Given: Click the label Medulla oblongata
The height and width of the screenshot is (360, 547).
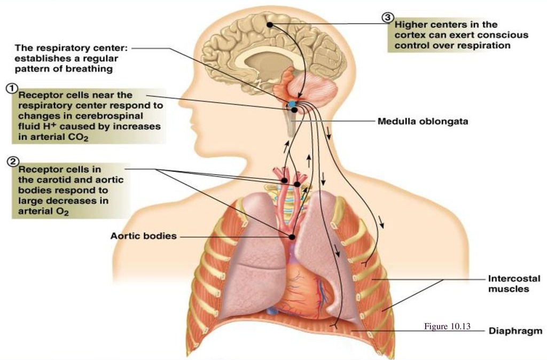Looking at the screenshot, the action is pyautogui.click(x=423, y=121).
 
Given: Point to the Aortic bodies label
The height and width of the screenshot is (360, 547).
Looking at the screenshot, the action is pyautogui.click(x=143, y=236).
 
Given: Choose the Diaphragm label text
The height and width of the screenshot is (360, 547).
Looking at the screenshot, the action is pyautogui.click(x=515, y=331).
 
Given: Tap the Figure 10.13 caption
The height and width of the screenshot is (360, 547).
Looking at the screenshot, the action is pyautogui.click(x=447, y=327).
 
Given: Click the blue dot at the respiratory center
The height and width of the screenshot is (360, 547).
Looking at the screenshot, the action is pyautogui.click(x=292, y=103).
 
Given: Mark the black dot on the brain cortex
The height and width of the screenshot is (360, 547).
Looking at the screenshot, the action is pyautogui.click(x=270, y=25).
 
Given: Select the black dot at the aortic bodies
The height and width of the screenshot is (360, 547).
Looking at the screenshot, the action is pyautogui.click(x=292, y=236).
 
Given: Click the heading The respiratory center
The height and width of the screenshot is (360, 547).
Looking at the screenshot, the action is pyautogui.click(x=70, y=47).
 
